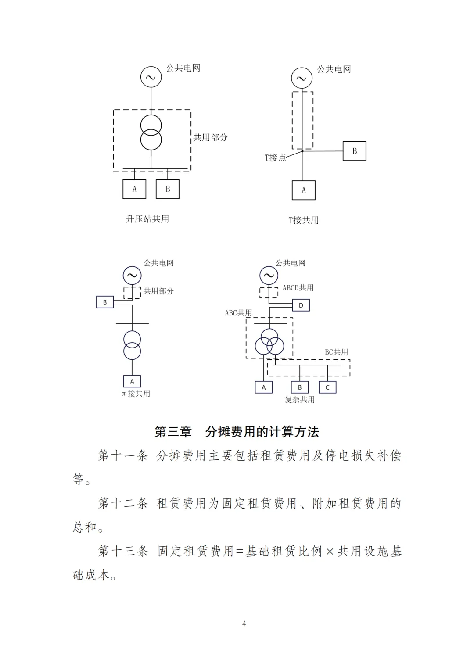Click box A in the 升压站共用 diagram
click(x=134, y=189)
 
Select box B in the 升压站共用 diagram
click(x=168, y=189)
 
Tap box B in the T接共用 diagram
click(x=355, y=151)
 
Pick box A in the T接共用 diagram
click(x=304, y=190)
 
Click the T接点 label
click(x=275, y=158)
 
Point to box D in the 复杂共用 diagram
click(x=301, y=305)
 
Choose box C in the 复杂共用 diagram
click(x=327, y=387)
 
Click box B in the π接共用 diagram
click(x=105, y=302)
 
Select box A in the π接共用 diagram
click(x=132, y=381)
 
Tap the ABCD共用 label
click(x=298, y=288)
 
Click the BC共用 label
click(x=336, y=352)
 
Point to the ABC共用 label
click(x=238, y=313)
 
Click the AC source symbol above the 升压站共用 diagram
click(x=151, y=77)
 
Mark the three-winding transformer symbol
click(x=269, y=342)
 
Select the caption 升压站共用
click(x=147, y=219)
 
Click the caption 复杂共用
click(x=300, y=399)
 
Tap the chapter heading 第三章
click(x=173, y=432)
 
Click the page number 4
click(x=244, y=623)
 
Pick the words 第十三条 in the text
click(x=123, y=551)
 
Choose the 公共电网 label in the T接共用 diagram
click(x=334, y=69)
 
